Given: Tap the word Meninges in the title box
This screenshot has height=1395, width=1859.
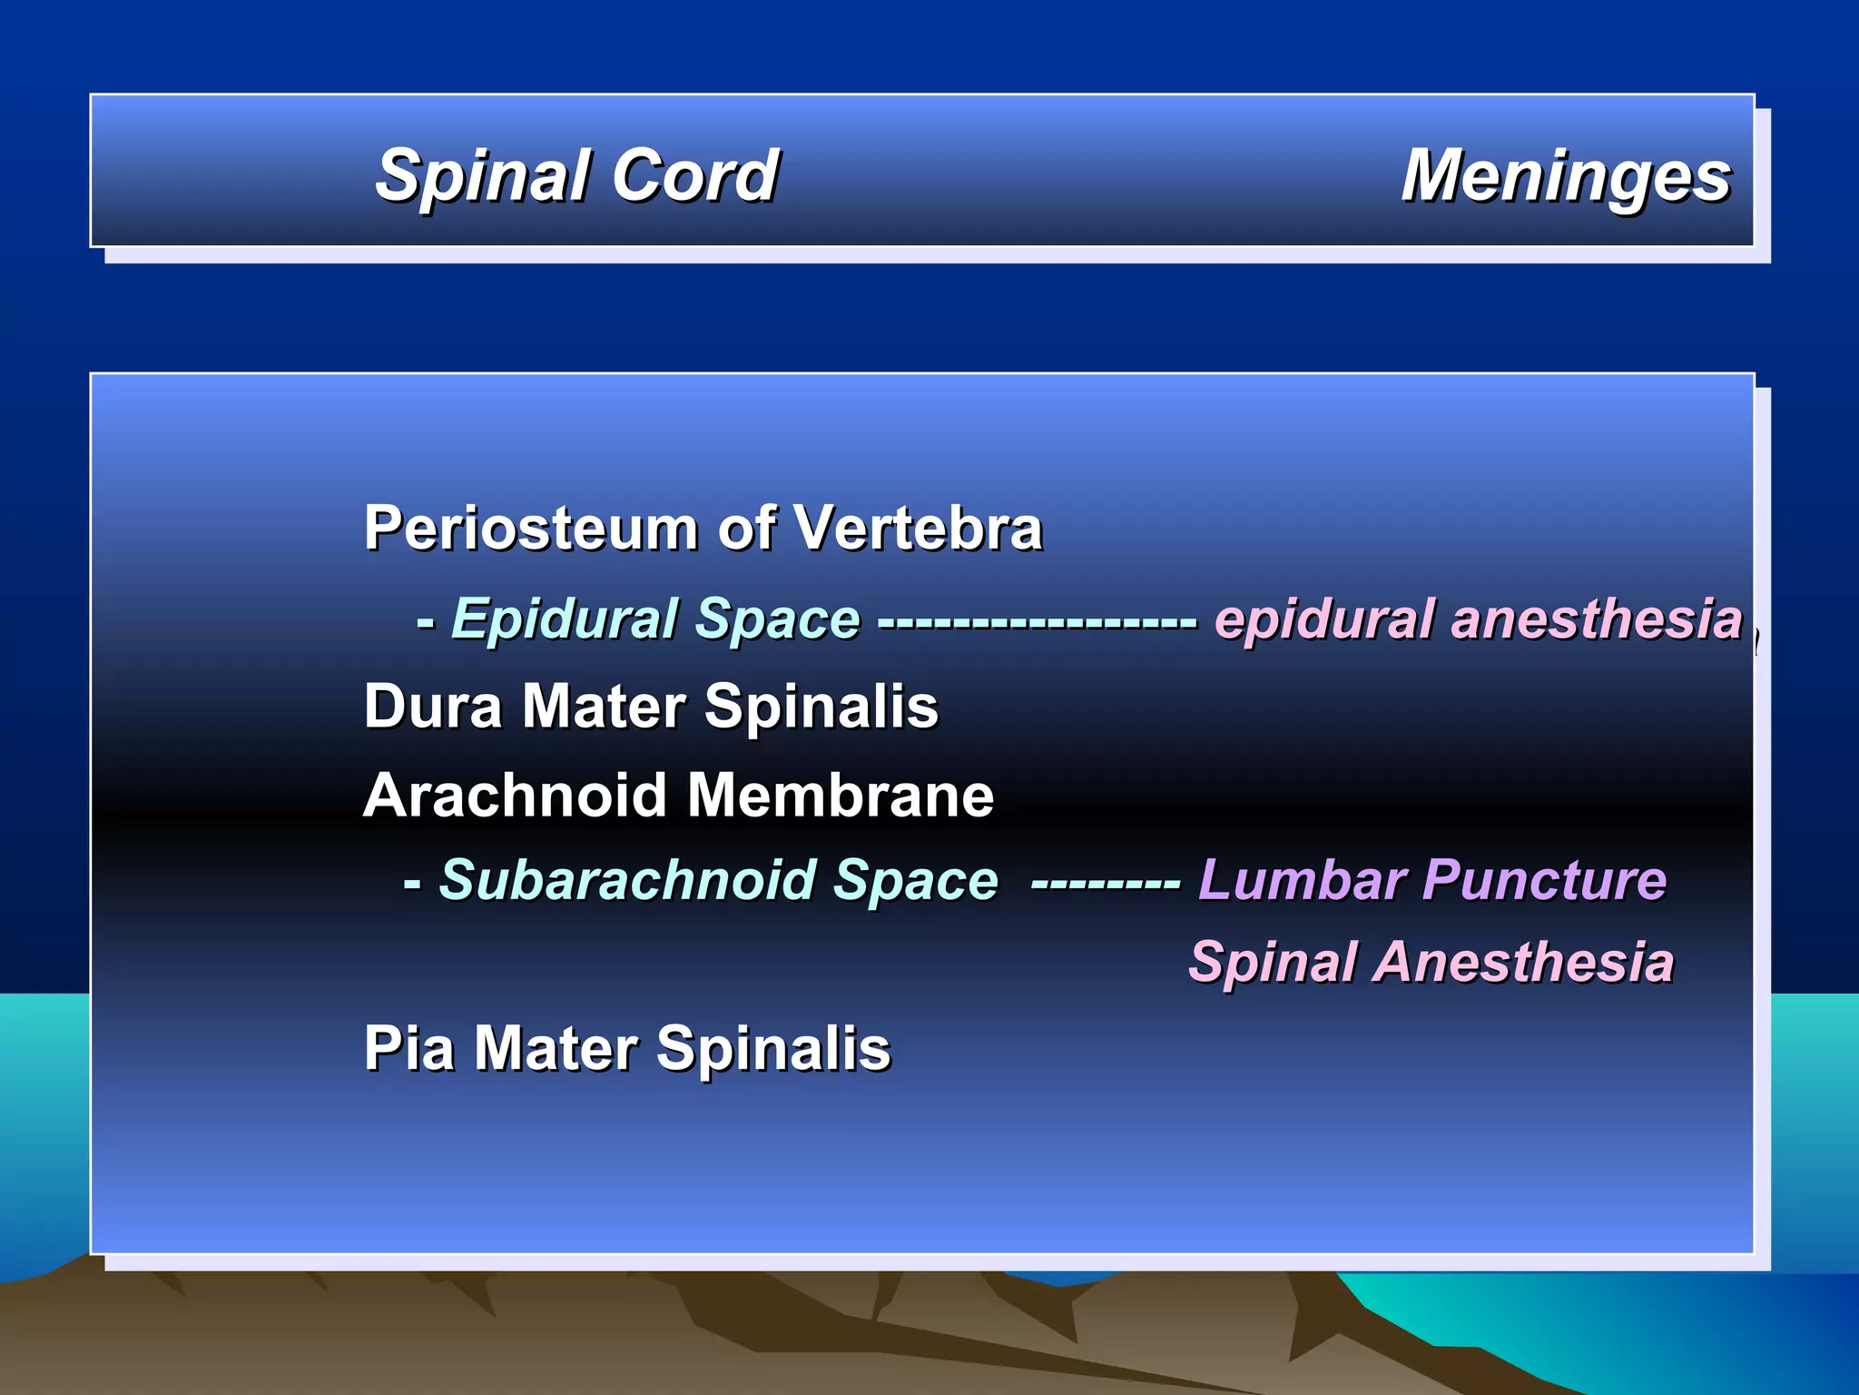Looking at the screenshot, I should click(x=1566, y=176).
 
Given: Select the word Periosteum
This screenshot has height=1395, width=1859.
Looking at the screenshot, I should click(x=532, y=528).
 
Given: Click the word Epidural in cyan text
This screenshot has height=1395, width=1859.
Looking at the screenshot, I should click(x=564, y=619).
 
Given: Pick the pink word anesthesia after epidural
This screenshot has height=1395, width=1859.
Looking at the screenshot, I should click(x=1597, y=619).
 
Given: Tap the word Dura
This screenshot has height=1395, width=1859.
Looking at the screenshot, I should click(x=434, y=707).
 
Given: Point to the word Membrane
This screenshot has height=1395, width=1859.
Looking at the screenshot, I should click(x=840, y=796).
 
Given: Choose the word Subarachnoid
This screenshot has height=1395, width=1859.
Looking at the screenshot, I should click(x=627, y=880).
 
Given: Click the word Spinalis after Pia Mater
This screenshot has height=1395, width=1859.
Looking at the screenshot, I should click(x=772, y=1049).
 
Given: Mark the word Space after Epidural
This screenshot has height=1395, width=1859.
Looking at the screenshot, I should click(x=777, y=619).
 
